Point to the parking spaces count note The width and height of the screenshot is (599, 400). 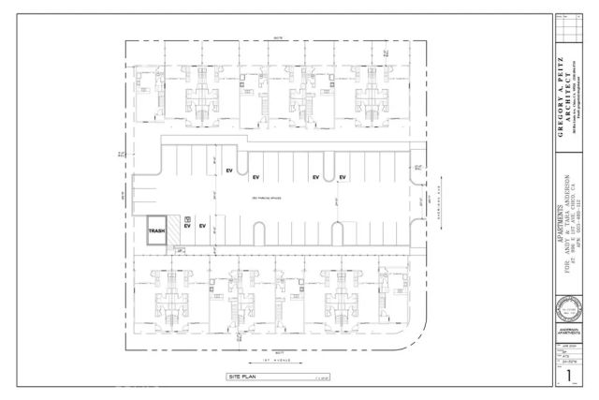pos(267,200)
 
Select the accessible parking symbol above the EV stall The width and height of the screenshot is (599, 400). pos(188,216)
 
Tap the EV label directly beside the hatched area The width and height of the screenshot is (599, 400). pos(187,227)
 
